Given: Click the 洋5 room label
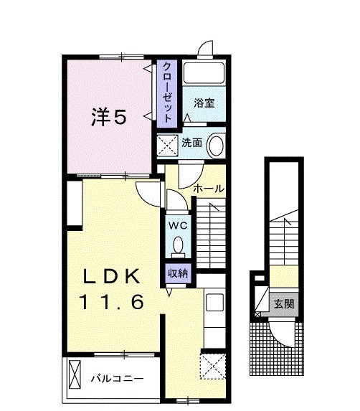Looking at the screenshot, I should coord(108,117).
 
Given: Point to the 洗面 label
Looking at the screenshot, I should coord(191,142).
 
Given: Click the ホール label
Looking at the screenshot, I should coord(209,188).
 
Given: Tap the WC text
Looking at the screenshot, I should coord(177,225).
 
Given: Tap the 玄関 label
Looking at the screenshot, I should coord(283,303).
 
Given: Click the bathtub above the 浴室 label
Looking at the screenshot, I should coord(204,75).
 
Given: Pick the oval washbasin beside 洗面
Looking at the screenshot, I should coord(216,146).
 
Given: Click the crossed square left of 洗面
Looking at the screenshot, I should coord(168,145).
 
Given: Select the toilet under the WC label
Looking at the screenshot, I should coord(179,245).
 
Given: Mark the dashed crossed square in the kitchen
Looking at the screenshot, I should coord(212,367).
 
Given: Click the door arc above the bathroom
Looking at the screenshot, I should coord(206,49).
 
